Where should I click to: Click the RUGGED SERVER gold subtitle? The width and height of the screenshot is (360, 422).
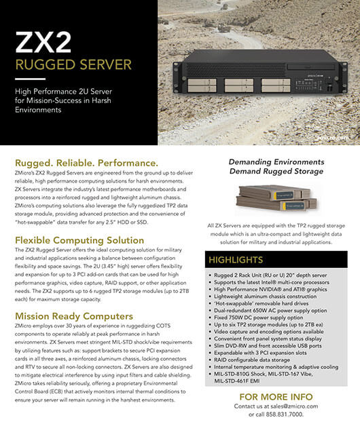pos(73,64)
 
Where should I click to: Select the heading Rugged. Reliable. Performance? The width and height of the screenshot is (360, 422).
pos(86,164)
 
